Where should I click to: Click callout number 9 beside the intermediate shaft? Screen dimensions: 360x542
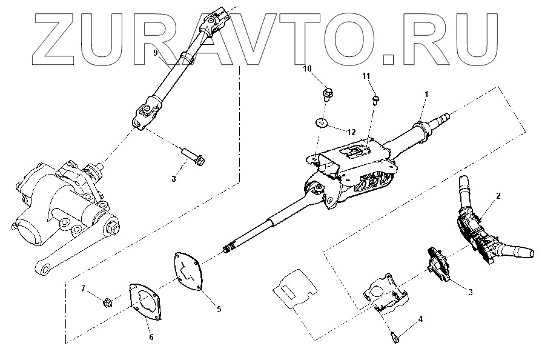click(156, 54)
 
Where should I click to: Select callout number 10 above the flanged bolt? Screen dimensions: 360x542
click(307, 69)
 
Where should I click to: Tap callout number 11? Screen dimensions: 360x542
click(366, 75)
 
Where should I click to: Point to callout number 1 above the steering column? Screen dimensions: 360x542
click(426, 94)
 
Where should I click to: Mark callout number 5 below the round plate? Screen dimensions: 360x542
click(219, 309)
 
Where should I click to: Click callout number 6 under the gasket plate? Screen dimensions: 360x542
click(151, 336)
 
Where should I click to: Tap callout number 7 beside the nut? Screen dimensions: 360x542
click(84, 288)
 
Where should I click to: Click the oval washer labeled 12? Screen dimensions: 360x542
click(322, 124)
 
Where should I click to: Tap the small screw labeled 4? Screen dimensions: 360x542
click(394, 333)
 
